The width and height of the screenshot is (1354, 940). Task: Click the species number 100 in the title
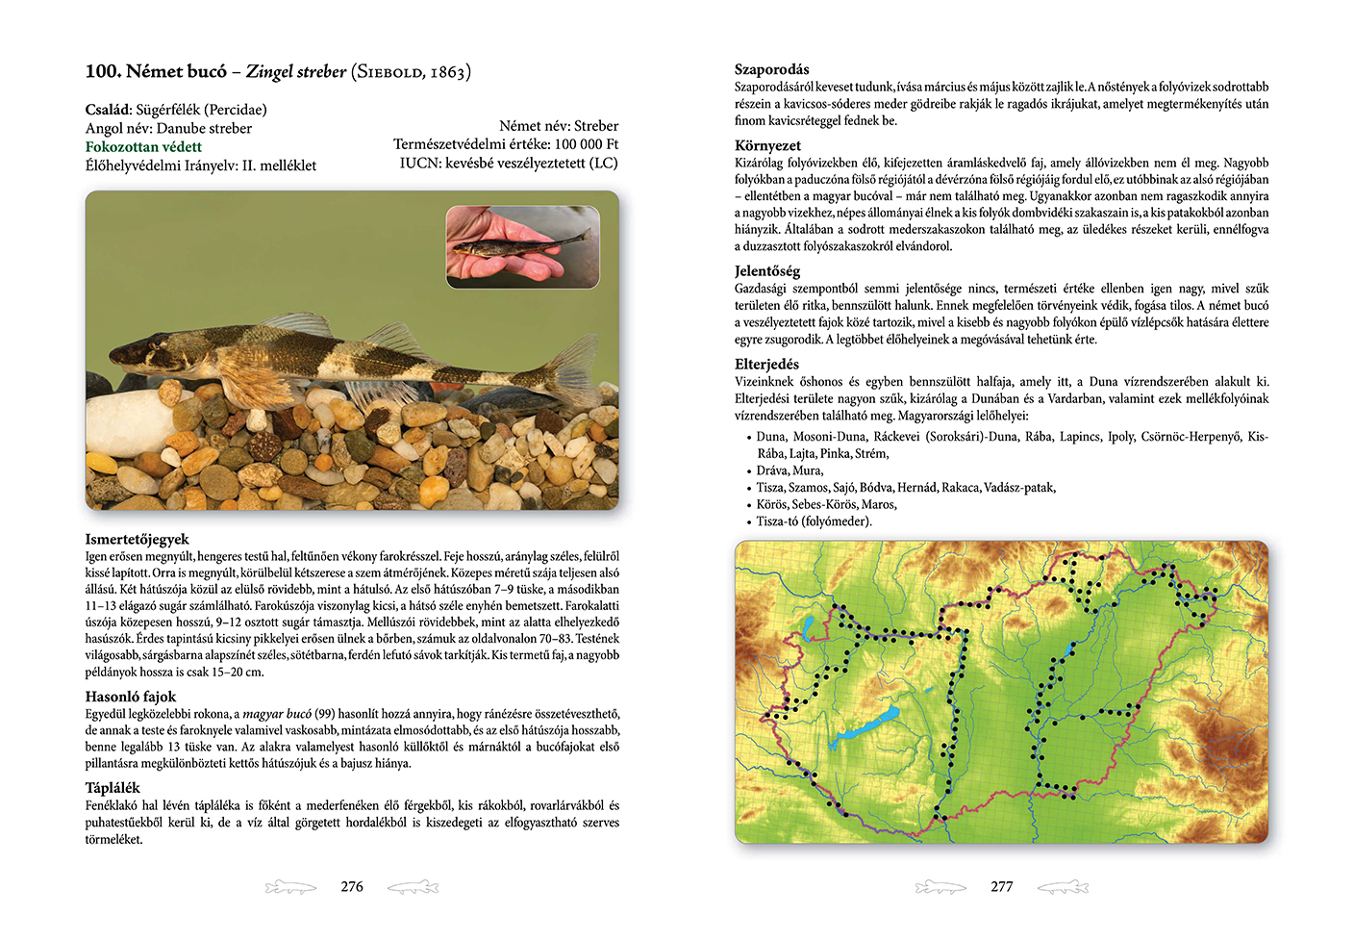click(101, 71)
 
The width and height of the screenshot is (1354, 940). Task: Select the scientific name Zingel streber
click(295, 71)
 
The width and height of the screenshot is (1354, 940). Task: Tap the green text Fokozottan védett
click(143, 147)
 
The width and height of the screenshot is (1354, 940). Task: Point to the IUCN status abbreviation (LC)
click(603, 164)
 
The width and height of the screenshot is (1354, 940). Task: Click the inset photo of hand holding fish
click(522, 246)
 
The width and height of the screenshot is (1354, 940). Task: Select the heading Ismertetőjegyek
click(137, 539)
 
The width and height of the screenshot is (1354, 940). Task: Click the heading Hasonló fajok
click(130, 697)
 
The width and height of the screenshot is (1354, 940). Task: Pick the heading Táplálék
click(112, 788)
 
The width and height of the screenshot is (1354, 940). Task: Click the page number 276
click(352, 886)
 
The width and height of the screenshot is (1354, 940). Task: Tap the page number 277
click(1001, 886)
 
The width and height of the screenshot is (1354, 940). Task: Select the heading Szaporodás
click(771, 69)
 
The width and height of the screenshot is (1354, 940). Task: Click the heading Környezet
click(767, 145)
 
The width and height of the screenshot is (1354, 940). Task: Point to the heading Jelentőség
click(766, 271)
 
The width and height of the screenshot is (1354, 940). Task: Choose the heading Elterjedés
click(766, 365)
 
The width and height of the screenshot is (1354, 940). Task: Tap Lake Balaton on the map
click(870, 724)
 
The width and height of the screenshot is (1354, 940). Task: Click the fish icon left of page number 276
click(290, 886)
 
